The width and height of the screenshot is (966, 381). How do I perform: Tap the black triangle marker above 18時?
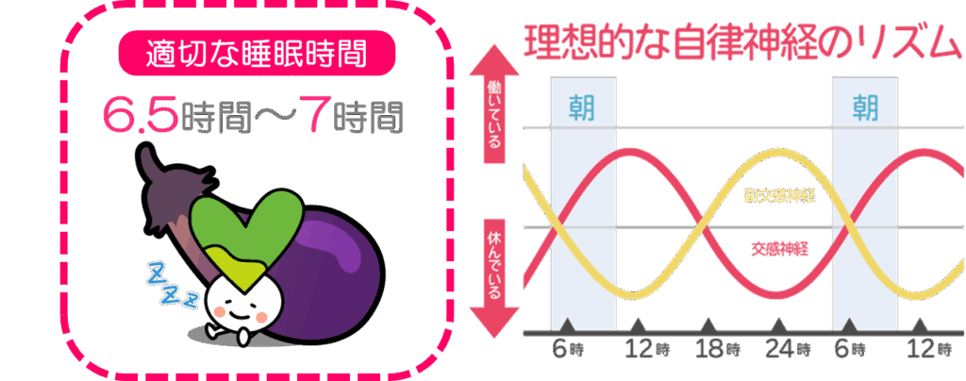(x=710, y=324)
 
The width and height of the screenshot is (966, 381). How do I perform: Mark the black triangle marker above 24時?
(x=780, y=324)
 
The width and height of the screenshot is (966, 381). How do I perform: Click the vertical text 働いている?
(x=494, y=114)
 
